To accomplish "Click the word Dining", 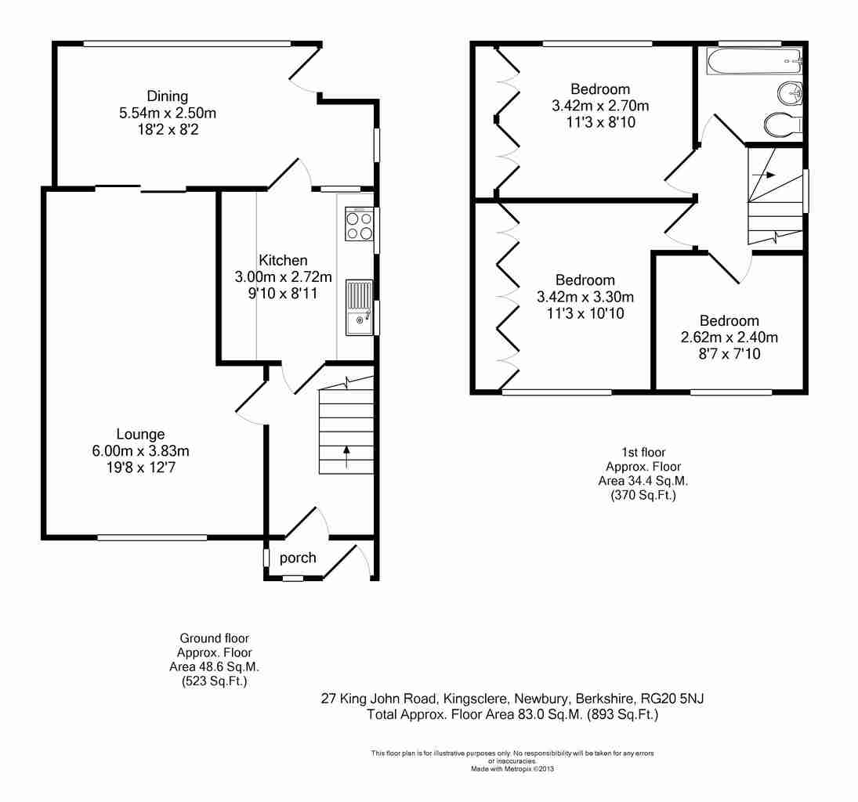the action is pyautogui.click(x=168, y=96).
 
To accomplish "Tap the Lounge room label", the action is pyautogui.click(x=140, y=435).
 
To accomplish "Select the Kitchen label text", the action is pyautogui.click(x=283, y=260).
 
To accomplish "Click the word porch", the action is pyautogui.click(x=298, y=558).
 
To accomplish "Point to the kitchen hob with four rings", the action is pyautogui.click(x=360, y=225).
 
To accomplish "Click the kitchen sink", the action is pyautogui.click(x=359, y=308).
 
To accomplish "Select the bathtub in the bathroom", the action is pyautogui.click(x=755, y=61).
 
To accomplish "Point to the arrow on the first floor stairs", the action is pyautogui.click(x=764, y=175).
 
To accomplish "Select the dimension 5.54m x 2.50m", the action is pyautogui.click(x=168, y=114).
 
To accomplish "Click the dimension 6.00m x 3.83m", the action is pyautogui.click(x=140, y=451).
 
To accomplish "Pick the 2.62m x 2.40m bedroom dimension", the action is pyautogui.click(x=729, y=338).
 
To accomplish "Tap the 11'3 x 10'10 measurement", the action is pyautogui.click(x=585, y=313).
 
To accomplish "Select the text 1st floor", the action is pyautogui.click(x=643, y=453).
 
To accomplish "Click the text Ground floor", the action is pyautogui.click(x=215, y=638).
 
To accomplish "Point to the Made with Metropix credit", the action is pyautogui.click(x=512, y=768).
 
